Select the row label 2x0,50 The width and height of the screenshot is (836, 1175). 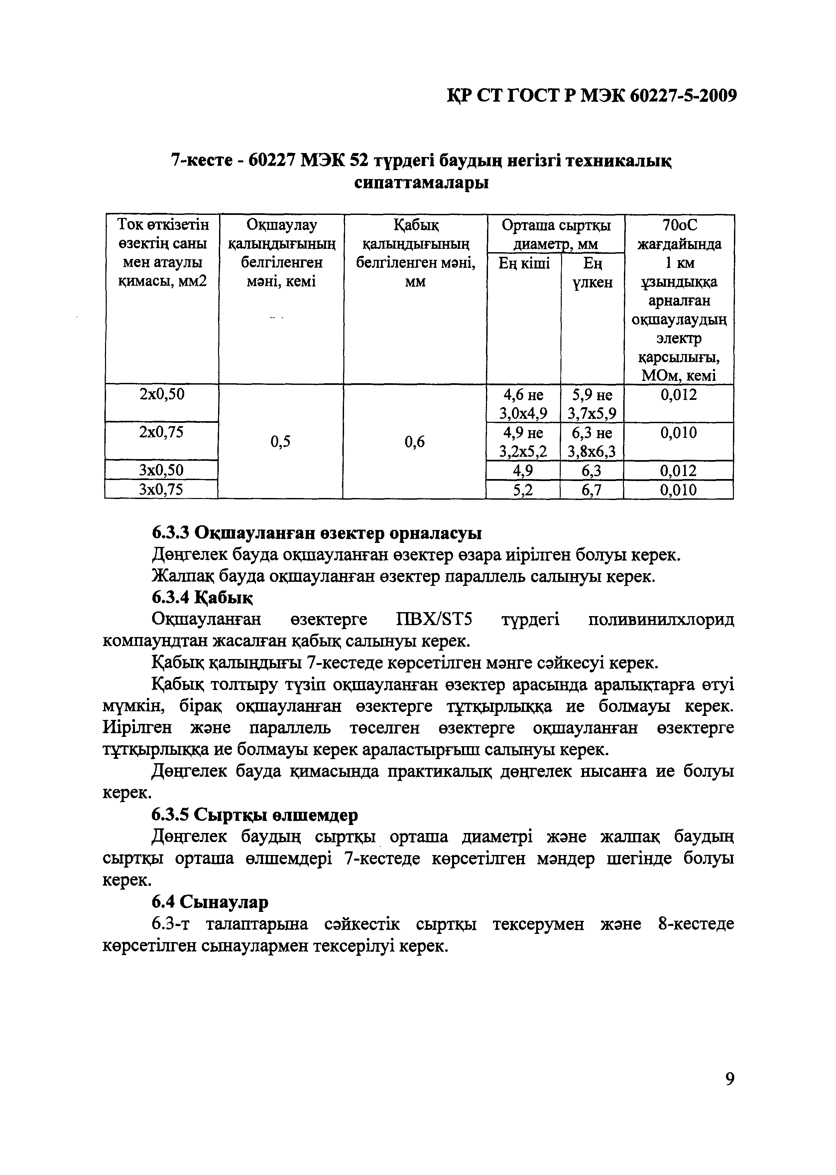(x=162, y=395)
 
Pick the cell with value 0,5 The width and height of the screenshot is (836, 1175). (x=281, y=441)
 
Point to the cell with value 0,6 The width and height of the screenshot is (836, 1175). (x=415, y=441)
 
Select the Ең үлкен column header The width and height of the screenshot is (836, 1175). (x=592, y=273)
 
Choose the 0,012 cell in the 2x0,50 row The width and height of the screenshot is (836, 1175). (x=678, y=396)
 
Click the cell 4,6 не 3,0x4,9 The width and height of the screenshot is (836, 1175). (x=523, y=405)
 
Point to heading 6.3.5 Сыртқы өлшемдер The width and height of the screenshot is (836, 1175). (x=255, y=815)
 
